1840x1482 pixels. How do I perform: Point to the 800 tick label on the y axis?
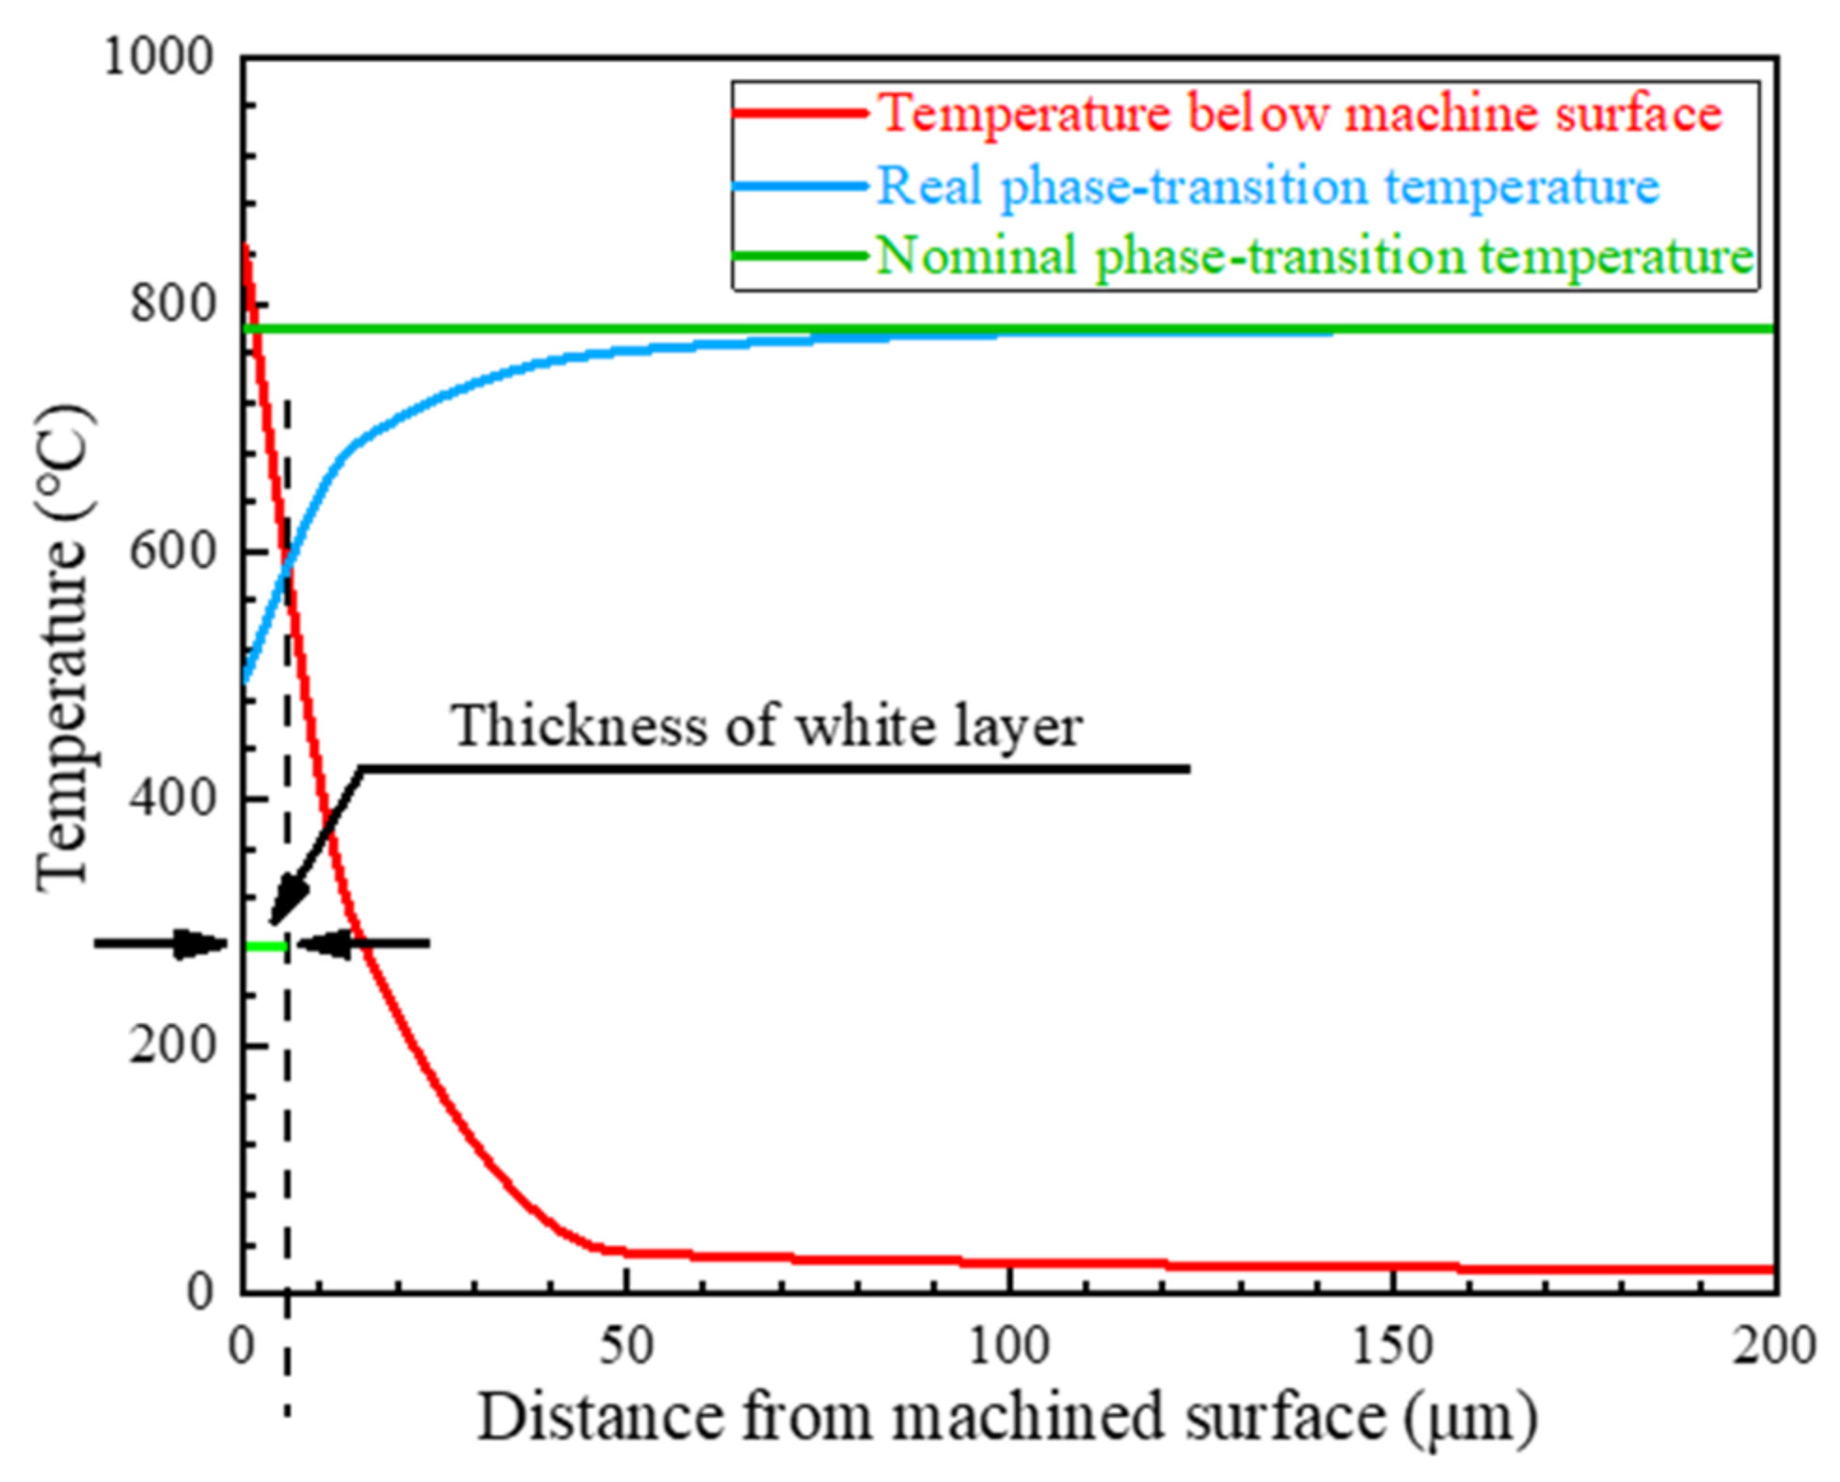point(174,303)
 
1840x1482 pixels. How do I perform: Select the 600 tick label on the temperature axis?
point(174,550)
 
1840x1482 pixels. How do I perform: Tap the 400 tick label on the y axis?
point(174,797)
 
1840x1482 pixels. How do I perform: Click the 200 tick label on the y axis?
point(174,1044)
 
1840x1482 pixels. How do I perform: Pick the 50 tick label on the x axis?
point(626,1346)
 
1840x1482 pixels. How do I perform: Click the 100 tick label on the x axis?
point(1008,1346)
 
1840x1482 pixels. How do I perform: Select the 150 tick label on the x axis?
point(1392,1346)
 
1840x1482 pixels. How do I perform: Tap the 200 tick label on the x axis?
point(1774,1346)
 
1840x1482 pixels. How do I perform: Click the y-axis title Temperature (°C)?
point(64,649)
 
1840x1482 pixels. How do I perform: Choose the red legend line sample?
point(800,114)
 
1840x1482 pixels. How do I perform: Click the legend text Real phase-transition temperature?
point(1267,185)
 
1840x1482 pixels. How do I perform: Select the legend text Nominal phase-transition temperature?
point(1314,256)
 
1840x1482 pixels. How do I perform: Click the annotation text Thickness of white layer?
point(767,727)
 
